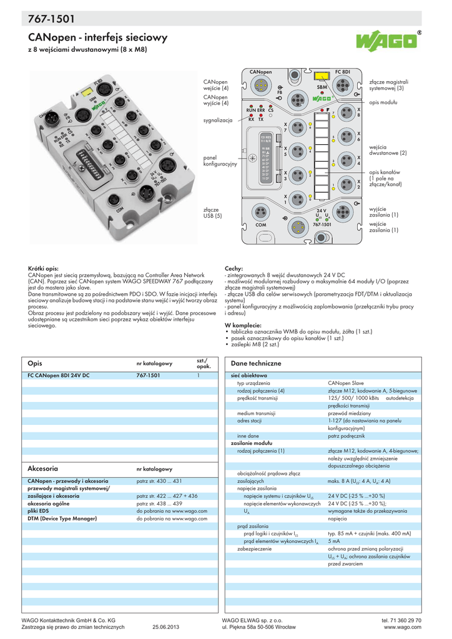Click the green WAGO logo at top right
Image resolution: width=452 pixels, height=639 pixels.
(x=386, y=42)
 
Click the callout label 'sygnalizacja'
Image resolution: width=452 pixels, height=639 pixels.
(x=218, y=119)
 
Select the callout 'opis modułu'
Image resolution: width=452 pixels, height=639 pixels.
(x=383, y=102)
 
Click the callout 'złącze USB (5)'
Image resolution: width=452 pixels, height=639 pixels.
(x=213, y=213)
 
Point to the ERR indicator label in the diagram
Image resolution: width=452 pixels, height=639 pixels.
(x=261, y=110)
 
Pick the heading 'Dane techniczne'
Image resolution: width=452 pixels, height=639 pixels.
(x=257, y=363)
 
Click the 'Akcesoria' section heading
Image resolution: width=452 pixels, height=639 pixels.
(x=43, y=467)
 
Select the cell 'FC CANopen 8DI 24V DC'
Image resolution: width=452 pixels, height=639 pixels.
(x=59, y=376)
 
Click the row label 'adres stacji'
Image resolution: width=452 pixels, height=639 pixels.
(x=249, y=421)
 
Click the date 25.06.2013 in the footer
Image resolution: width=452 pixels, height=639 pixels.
(x=165, y=627)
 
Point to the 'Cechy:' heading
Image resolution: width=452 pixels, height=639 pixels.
(x=233, y=268)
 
